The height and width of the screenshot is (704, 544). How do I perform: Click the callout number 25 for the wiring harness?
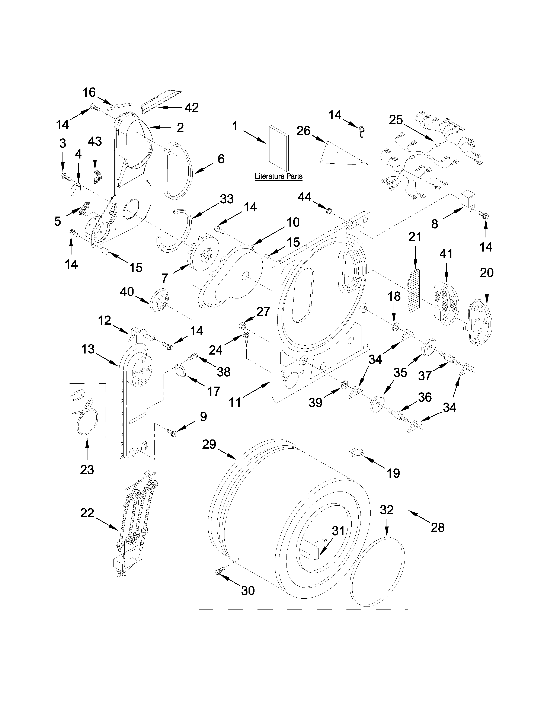[x=396, y=120]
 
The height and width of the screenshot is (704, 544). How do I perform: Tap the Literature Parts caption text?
[x=278, y=176]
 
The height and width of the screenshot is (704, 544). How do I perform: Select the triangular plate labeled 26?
[x=342, y=154]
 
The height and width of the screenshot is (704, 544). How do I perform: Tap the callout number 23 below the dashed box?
[x=87, y=469]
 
